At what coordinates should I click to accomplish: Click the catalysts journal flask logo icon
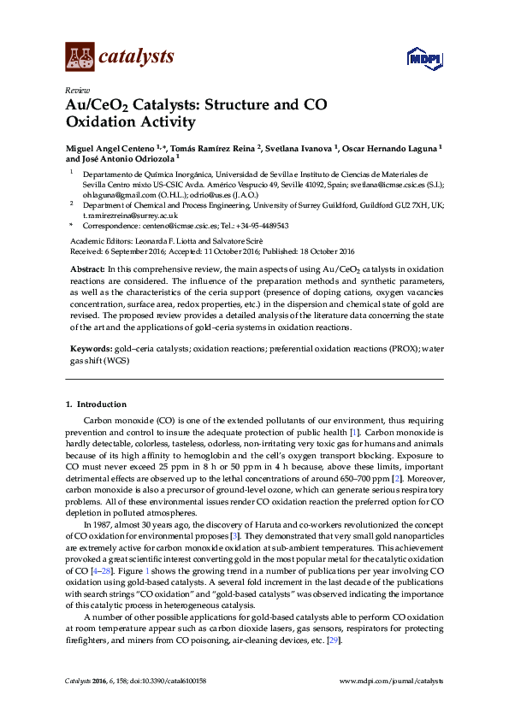coord(80,57)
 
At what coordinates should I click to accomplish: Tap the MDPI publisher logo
coord(424,58)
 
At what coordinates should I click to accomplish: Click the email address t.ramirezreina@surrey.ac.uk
coord(135,216)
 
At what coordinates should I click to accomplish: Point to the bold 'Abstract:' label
coord(86,269)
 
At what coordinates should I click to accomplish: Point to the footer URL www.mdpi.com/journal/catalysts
coord(392,682)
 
